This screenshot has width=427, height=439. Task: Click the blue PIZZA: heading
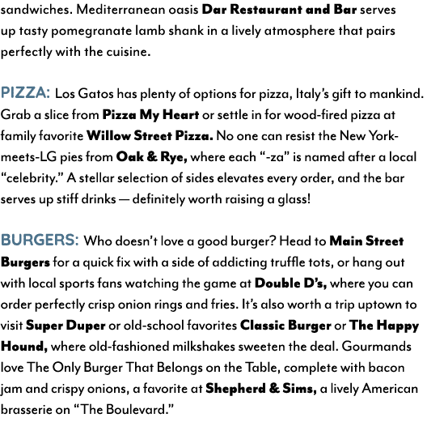pos(25,92)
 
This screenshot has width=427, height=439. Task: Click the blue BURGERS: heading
pos(40,240)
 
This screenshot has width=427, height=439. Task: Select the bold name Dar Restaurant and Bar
pos(279,10)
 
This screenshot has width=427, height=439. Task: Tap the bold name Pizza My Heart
pos(150,115)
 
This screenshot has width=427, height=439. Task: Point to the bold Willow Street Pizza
pos(150,136)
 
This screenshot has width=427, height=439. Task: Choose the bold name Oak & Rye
pos(151,157)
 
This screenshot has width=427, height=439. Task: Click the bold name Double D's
pos(290,283)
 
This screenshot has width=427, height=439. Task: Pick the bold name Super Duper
pos(66,326)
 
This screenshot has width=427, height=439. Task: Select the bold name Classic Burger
pos(285,326)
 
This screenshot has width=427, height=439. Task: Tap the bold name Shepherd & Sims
pos(261,389)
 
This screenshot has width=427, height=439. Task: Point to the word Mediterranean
pos(123,10)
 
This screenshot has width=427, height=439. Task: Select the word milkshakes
pos(204,347)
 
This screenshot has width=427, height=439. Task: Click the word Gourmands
pos(376,347)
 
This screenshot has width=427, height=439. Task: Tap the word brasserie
pos(27,410)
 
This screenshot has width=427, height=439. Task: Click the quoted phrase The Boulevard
pos(124,410)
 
